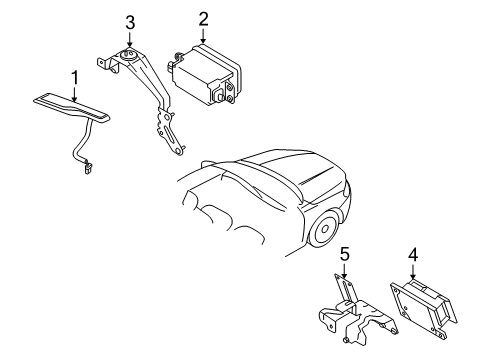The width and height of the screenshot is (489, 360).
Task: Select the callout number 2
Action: point(203,19)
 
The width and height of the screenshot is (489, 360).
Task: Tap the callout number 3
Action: point(129,22)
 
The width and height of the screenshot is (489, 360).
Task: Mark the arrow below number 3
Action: point(129,40)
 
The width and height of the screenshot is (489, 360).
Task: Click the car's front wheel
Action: point(323,230)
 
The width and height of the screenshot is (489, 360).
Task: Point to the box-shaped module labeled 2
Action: point(206,70)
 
